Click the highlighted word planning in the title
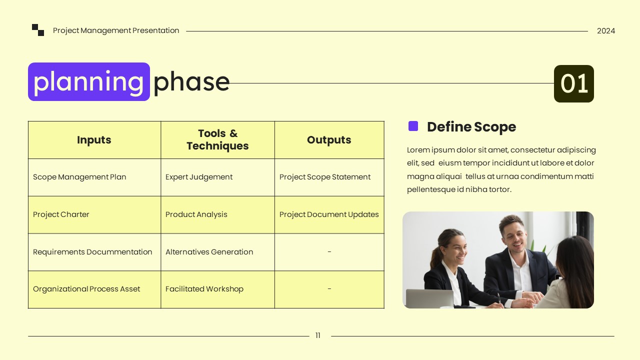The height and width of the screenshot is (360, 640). pyautogui.click(x=89, y=82)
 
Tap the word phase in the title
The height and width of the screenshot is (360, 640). pyautogui.click(x=191, y=82)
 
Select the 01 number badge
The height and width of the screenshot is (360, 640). pyautogui.click(x=573, y=83)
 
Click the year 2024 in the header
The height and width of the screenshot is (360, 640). pyautogui.click(x=605, y=31)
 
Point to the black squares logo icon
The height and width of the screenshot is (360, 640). pyautogui.click(x=38, y=30)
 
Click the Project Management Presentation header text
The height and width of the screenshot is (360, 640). pyautogui.click(x=116, y=30)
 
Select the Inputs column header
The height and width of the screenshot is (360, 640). pyautogui.click(x=94, y=140)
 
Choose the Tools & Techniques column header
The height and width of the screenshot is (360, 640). pyautogui.click(x=217, y=140)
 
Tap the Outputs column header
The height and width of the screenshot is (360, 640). pyautogui.click(x=329, y=140)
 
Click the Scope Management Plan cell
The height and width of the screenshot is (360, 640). pyautogui.click(x=79, y=177)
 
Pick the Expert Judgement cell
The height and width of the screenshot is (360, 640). pyautogui.click(x=199, y=177)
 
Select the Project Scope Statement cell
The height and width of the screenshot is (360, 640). pyautogui.click(x=325, y=177)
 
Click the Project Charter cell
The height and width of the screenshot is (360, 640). pyautogui.click(x=61, y=214)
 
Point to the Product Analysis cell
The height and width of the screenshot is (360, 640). pyautogui.click(x=196, y=214)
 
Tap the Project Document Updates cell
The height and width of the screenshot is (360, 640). pyautogui.click(x=329, y=214)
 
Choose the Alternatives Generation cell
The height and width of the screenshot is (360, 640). pyautogui.click(x=209, y=252)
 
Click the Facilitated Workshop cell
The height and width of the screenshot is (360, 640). pyautogui.click(x=204, y=289)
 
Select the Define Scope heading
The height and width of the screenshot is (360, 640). pyautogui.click(x=471, y=127)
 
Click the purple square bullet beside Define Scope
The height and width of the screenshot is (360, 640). pyautogui.click(x=413, y=126)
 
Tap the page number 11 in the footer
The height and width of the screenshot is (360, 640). pyautogui.click(x=318, y=336)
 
